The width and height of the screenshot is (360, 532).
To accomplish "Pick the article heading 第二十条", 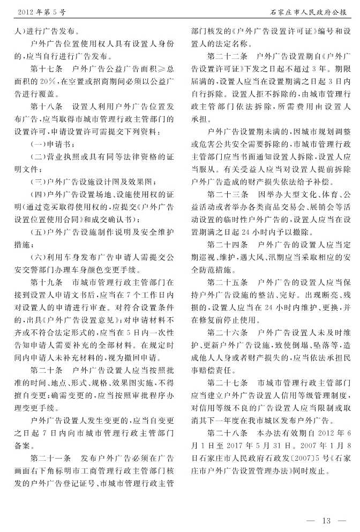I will click(x=47, y=370).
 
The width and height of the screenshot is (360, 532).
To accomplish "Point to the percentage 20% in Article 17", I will click(x=52, y=81).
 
